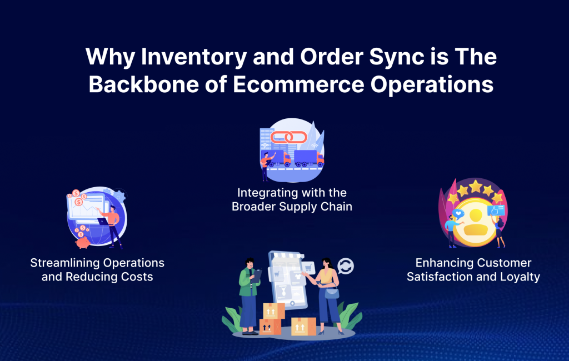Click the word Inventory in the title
pos(194,57)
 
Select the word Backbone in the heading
pos(144,84)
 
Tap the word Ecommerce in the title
pos(298,84)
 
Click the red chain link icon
pos(289,137)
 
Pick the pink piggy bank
pos(83,242)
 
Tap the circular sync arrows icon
pos(346,266)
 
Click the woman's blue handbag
pos(332,293)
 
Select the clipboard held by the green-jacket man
pos(257,276)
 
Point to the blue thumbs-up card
pos(496,210)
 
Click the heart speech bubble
pos(458,214)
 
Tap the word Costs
pos(137,277)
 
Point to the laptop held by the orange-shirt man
pos(103,221)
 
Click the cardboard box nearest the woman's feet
pos(303,326)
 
